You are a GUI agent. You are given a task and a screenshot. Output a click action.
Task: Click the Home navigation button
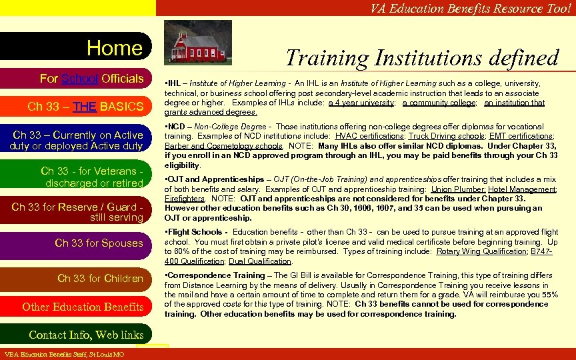tap(114, 48)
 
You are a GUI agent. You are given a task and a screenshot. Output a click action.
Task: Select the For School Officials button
tap(91, 79)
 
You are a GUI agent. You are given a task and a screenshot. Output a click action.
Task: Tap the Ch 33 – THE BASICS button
tap(85, 107)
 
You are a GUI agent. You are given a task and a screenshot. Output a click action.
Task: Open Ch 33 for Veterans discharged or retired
tap(91, 177)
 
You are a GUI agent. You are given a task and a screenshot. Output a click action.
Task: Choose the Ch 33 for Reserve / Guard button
tap(77, 212)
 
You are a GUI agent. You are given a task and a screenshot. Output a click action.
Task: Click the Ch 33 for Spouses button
tap(99, 243)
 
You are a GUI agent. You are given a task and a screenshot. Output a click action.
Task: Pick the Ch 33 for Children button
tap(100, 278)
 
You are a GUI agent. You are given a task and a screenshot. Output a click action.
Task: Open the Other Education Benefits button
tap(83, 307)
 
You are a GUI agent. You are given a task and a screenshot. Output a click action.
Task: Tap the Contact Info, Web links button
tap(86, 335)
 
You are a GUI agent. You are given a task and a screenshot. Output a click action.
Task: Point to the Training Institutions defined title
tap(422, 58)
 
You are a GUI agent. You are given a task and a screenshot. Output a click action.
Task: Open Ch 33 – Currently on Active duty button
tap(76, 141)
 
